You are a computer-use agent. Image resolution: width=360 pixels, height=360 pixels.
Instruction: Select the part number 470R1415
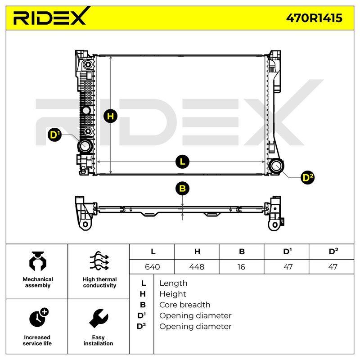tap(314, 18)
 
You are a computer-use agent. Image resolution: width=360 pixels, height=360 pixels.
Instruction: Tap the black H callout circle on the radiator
tap(110, 116)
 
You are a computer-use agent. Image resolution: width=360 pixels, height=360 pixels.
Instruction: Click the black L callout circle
tap(182, 162)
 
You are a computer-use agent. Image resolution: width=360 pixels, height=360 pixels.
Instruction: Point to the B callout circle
tap(182, 189)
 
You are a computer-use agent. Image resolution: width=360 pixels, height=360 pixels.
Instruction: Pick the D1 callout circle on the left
tap(54, 135)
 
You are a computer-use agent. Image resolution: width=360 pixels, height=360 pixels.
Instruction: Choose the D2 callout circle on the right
tap(308, 177)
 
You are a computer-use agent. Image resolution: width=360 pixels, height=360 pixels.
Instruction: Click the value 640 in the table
tap(153, 267)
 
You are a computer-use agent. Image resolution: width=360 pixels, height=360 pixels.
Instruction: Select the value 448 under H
tap(197, 267)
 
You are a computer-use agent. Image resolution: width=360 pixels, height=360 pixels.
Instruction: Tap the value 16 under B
tap(241, 267)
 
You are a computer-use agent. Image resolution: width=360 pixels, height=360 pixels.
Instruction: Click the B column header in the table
tap(242, 252)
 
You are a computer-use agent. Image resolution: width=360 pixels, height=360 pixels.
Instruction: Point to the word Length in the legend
tap(173, 283)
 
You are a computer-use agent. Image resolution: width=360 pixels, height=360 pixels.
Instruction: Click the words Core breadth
tap(185, 305)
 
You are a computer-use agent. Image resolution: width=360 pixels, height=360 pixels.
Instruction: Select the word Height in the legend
tap(173, 294)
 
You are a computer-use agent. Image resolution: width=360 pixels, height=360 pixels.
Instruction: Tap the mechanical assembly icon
tap(38, 261)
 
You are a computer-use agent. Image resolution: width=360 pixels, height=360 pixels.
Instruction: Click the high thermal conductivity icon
tap(99, 261)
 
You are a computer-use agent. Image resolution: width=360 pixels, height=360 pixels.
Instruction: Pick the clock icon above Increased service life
tap(39, 317)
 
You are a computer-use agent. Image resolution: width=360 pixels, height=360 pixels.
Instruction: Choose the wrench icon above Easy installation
tap(99, 319)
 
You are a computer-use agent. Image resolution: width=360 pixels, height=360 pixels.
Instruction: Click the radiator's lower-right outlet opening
tap(276, 166)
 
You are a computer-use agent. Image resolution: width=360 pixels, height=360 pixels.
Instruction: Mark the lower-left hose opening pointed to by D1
tap(85, 146)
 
